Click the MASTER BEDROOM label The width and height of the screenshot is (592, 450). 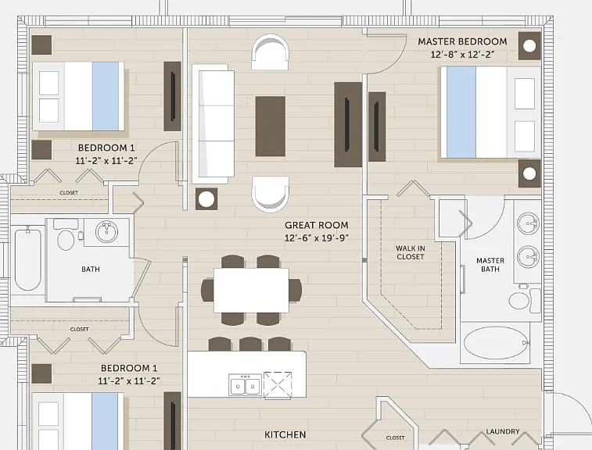[462, 41]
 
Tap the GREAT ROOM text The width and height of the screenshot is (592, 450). [317, 225]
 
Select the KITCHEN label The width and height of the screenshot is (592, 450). [285, 435]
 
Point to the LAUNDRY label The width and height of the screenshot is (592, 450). [503, 431]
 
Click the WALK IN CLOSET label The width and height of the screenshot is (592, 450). [411, 252]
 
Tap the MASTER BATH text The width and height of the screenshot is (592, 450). [490, 265]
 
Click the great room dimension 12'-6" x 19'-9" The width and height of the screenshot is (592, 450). [317, 238]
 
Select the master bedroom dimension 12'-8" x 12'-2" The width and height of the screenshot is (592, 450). [462, 55]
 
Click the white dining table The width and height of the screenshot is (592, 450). [252, 290]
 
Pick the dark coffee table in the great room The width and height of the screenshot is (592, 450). [271, 127]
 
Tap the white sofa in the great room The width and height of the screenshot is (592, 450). [213, 123]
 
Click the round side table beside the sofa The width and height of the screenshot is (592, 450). [206, 199]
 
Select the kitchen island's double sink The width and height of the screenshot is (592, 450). [245, 385]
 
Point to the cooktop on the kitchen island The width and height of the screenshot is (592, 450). [278, 385]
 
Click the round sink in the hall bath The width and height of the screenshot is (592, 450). [106, 231]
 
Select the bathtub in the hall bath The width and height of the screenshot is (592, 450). [27, 259]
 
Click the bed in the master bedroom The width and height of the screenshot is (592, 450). [490, 112]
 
